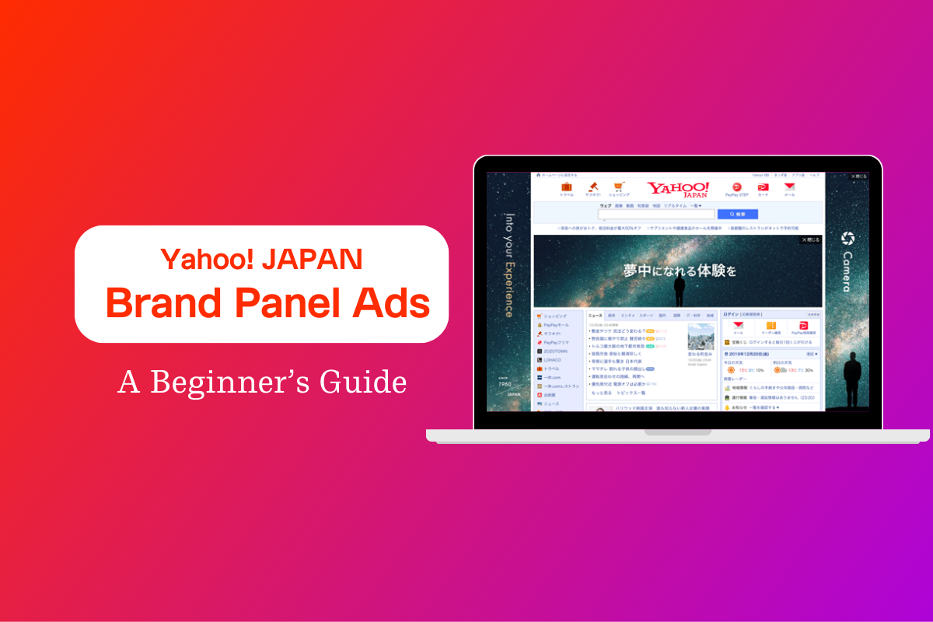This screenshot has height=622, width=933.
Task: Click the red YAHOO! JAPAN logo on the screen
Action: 678,190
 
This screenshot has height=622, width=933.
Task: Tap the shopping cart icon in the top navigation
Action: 619,187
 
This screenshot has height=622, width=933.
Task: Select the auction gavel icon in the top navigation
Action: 592,187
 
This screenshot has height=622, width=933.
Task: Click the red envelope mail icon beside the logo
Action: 789,187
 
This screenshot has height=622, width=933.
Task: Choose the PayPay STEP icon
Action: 737,187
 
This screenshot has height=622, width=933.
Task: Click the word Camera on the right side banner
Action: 847,271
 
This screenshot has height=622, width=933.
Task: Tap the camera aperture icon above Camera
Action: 847,238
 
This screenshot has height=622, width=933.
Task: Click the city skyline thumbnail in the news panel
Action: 701,337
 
